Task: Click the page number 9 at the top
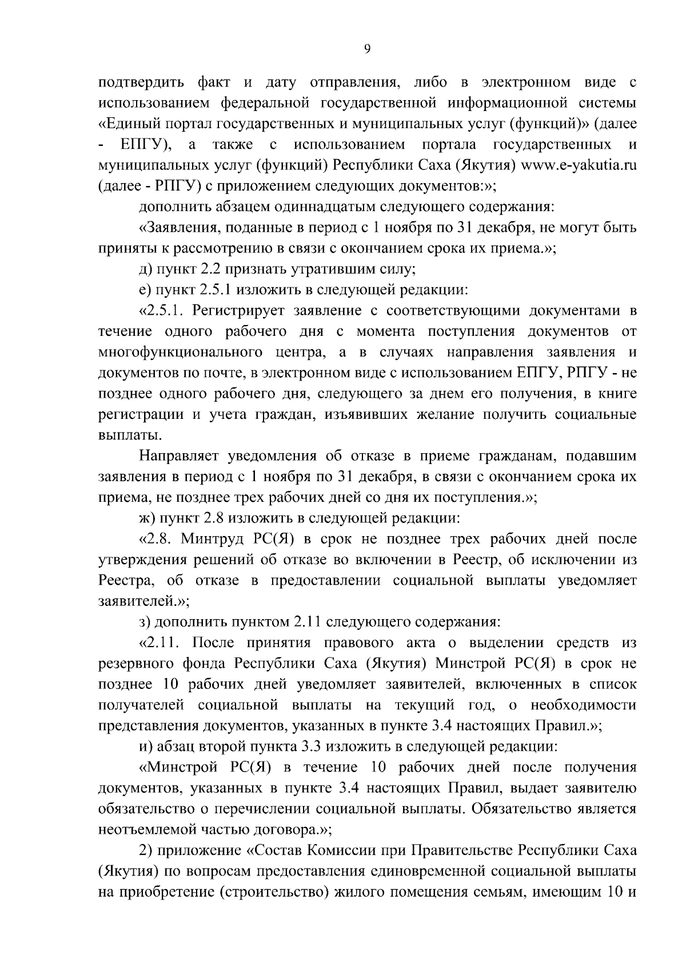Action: [367, 49]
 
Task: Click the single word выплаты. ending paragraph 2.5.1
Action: [122, 435]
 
